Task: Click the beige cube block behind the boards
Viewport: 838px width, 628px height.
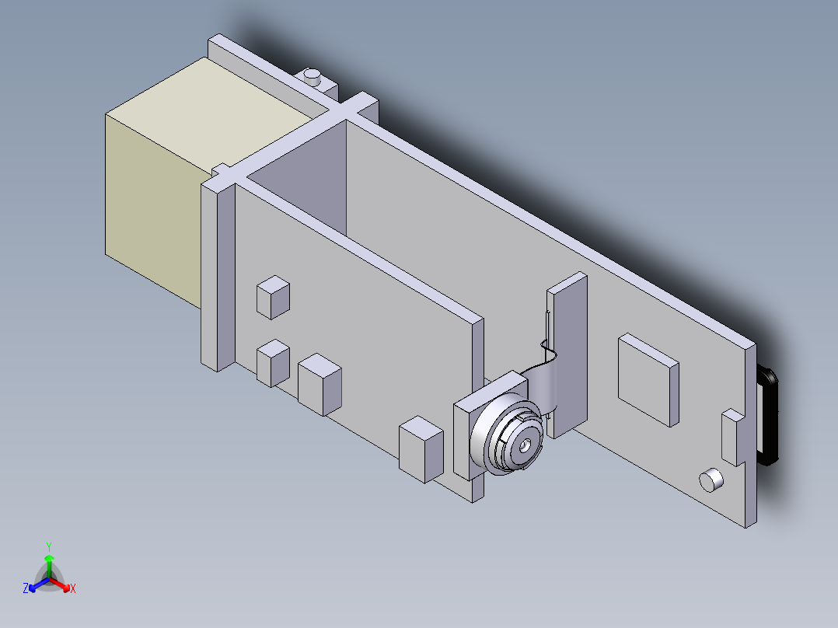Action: pyautogui.click(x=155, y=187)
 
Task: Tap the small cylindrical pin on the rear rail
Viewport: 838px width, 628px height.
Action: pyautogui.click(x=313, y=76)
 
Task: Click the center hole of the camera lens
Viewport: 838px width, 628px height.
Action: pyautogui.click(x=526, y=446)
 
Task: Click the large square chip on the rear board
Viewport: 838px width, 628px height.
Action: pyautogui.click(x=648, y=379)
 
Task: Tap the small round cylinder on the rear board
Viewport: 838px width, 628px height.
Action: pyautogui.click(x=711, y=480)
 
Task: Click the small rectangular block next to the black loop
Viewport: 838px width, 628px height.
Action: pyautogui.click(x=732, y=435)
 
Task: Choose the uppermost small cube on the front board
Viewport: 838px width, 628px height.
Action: pyautogui.click(x=273, y=297)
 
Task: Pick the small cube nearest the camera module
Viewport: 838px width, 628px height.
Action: pyautogui.click(x=421, y=448)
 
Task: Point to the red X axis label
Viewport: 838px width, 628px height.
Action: pyautogui.click(x=73, y=589)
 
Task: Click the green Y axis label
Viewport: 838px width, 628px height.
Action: pyautogui.click(x=49, y=546)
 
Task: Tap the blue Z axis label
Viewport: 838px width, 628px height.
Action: pyautogui.click(x=26, y=589)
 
